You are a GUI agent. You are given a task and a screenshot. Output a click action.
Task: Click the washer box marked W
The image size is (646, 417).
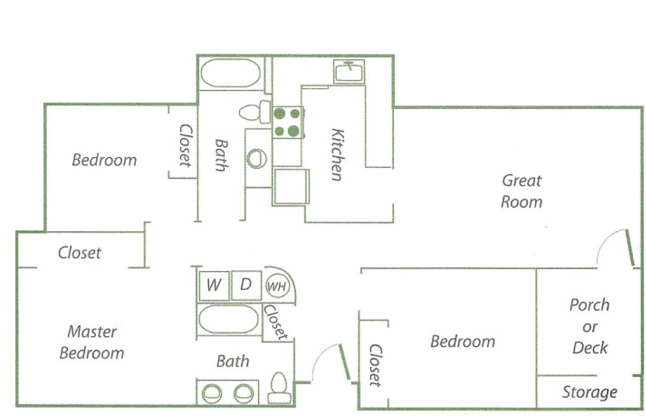point(213,285)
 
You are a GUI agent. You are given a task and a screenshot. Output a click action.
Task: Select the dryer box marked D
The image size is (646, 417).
point(246,285)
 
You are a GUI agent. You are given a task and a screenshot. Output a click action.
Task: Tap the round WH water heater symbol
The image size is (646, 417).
point(276,287)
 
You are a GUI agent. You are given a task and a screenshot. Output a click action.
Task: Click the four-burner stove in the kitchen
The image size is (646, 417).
point(287,122)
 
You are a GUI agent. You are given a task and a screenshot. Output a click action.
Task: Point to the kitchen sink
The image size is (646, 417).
point(349,72)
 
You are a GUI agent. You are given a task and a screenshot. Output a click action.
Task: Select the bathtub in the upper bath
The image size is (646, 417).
point(230,73)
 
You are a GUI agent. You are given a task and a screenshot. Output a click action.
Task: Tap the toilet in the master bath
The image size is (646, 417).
point(279,388)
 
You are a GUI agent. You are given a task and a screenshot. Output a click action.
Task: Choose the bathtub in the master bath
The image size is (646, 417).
point(228,319)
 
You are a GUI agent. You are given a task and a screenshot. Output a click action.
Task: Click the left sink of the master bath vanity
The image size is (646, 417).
point(211,393)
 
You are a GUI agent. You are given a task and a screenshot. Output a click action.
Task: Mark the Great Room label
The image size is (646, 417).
point(521,191)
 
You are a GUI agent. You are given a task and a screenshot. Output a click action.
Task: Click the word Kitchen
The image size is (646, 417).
point(337,154)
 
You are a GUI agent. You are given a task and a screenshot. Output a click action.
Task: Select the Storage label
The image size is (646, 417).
point(589,393)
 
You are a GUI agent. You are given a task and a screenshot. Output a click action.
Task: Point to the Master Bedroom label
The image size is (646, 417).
point(92,342)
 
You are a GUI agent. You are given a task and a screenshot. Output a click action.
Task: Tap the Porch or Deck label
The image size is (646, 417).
point(589,326)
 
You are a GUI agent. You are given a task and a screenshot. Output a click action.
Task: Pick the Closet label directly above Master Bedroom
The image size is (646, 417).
point(79,253)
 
